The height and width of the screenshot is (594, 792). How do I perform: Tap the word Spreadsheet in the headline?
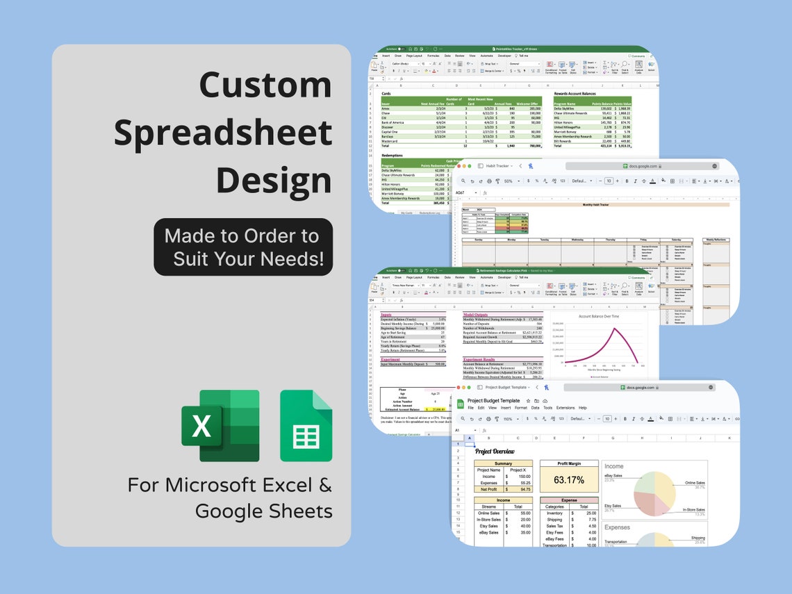(x=222, y=133)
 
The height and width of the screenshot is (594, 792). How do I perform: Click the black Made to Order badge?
(x=243, y=247)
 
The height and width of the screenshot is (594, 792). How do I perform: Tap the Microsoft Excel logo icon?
(x=220, y=425)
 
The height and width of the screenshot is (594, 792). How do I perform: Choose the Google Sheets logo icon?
(x=306, y=425)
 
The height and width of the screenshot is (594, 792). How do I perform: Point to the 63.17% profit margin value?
(x=569, y=479)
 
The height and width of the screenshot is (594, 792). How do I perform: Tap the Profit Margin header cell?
(x=569, y=463)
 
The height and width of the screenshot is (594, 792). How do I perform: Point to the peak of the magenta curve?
(x=613, y=328)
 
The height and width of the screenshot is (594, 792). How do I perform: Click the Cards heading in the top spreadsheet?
(x=386, y=93)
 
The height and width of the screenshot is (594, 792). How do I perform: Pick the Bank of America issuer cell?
(x=393, y=122)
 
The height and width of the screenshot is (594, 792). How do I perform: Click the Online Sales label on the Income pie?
(x=695, y=483)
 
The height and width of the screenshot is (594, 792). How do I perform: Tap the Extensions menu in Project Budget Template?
(x=566, y=408)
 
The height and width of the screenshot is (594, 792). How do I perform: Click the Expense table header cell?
(x=569, y=500)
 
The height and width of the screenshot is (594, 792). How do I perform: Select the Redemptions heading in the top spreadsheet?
(x=393, y=156)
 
